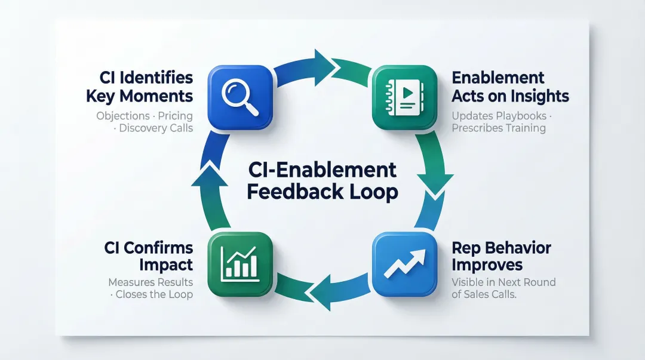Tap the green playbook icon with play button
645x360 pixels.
(404, 98)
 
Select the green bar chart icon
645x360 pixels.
(239, 264)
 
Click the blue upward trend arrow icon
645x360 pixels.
(404, 264)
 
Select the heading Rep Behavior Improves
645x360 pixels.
(501, 256)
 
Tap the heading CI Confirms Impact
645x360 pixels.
(149, 256)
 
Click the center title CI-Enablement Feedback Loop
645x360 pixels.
(322, 181)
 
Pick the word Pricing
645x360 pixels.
(176, 115)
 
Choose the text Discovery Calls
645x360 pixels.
(156, 128)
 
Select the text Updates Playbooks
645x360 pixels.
(497, 115)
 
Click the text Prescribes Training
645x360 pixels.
(499, 128)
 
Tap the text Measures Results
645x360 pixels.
(150, 282)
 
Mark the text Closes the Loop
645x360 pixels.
(154, 294)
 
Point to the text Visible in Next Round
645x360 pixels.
(503, 282)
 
